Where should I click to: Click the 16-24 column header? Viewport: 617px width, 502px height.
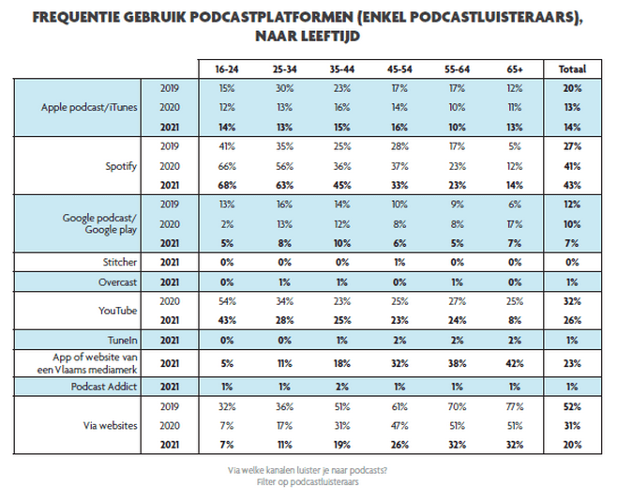tap(227, 69)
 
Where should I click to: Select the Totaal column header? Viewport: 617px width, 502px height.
tap(572, 69)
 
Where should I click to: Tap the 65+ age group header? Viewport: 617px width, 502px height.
tap(515, 69)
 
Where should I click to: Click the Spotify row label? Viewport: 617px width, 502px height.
tap(121, 166)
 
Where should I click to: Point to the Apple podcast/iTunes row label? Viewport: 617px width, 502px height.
tap(89, 108)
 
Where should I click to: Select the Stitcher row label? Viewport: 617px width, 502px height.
tap(120, 262)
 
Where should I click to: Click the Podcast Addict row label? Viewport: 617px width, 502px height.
tap(104, 387)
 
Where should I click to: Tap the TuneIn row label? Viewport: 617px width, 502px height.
tap(123, 341)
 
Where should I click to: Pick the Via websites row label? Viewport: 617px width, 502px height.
tap(111, 426)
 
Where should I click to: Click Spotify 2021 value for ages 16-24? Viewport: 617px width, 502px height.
tap(227, 186)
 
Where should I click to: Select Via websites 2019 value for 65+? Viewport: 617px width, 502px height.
tap(515, 406)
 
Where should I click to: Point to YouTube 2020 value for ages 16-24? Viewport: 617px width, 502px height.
tap(227, 301)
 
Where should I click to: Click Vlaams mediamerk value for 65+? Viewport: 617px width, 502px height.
tap(515, 363)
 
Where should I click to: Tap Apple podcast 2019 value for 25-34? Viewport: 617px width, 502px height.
tap(284, 88)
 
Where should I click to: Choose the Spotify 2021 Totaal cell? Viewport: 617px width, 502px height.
tap(572, 186)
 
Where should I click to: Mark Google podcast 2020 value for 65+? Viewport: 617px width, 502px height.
tap(515, 224)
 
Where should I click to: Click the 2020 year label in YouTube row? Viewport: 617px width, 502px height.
tap(170, 301)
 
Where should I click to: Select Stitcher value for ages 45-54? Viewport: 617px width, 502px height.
tap(399, 262)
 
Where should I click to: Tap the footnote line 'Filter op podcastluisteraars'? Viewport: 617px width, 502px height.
tap(308, 482)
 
